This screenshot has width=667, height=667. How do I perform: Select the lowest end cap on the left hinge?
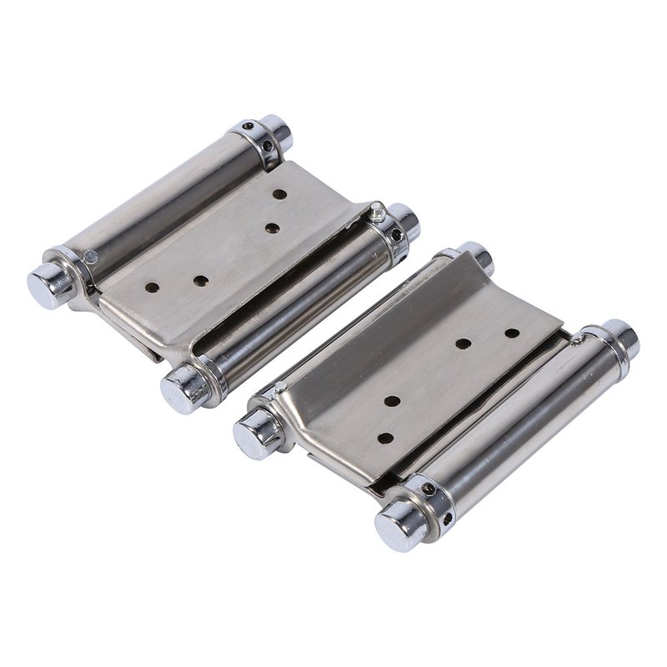click(x=181, y=389)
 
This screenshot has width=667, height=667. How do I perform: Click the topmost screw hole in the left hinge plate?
click(x=279, y=194)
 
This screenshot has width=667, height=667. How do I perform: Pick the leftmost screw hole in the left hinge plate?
click(x=152, y=287)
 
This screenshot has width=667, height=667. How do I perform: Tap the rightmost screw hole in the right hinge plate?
click(x=512, y=333)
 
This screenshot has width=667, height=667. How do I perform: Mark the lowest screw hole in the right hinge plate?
click(x=385, y=437)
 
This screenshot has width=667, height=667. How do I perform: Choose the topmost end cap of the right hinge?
click(x=476, y=256)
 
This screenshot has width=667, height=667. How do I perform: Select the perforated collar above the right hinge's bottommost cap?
click(x=432, y=499)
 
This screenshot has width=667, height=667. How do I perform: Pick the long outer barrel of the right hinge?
click(x=521, y=417)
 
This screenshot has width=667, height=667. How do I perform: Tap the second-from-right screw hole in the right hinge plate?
click(x=463, y=344)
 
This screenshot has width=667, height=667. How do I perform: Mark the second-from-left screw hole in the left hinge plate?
click(x=200, y=281)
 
